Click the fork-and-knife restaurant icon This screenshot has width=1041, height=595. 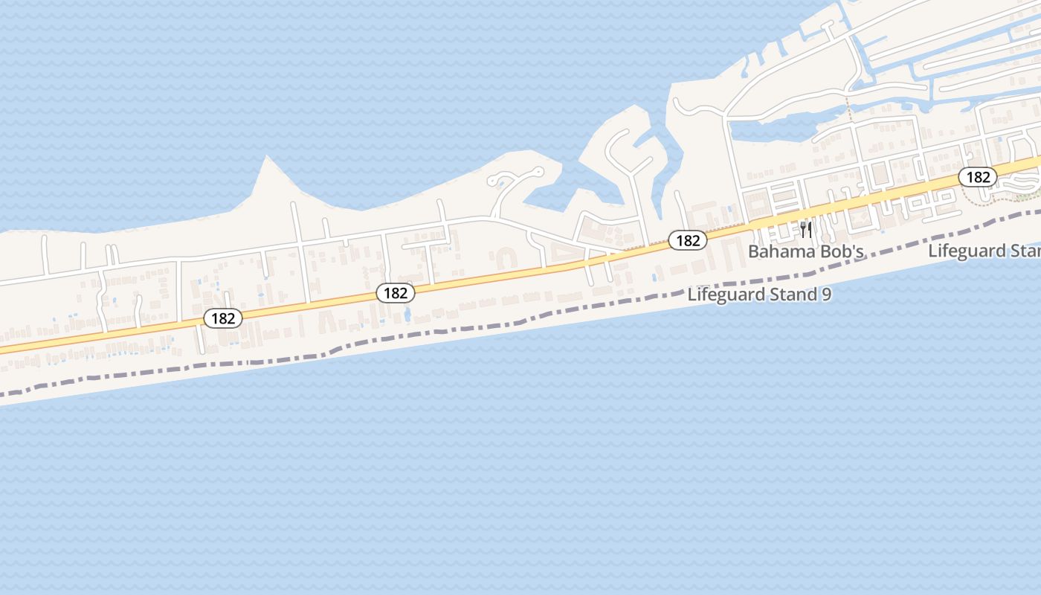click(805, 228)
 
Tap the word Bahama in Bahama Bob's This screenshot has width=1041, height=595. click(779, 251)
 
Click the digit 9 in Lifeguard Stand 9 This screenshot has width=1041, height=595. click(826, 295)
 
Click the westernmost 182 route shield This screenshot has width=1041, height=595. click(222, 318)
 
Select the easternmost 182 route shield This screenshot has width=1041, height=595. click(977, 177)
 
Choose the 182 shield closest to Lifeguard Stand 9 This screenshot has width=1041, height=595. click(688, 240)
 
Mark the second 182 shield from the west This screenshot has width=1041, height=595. click(395, 293)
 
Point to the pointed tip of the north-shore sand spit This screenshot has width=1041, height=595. click(265, 158)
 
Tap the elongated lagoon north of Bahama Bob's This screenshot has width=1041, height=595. click(773, 131)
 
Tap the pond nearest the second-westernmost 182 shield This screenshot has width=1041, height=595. click(407, 315)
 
